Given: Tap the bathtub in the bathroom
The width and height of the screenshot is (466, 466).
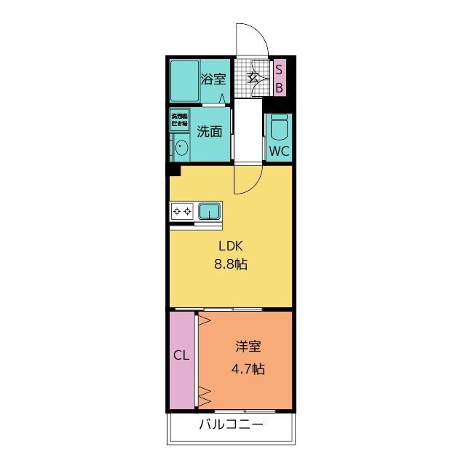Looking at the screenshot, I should coord(185,82).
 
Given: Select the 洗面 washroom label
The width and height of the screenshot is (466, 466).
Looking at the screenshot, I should coord(210,132).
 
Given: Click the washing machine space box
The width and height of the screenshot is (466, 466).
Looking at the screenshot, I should coord(180,119).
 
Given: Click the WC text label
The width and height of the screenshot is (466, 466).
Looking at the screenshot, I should coord(280,151).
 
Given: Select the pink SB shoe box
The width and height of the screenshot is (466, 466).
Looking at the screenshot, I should coord(280,78).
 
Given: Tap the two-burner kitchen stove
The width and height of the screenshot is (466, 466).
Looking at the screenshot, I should coord(183,212).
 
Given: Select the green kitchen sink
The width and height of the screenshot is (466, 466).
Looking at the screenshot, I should coord(210,212).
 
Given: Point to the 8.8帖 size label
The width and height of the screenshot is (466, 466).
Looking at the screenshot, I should coord(231,265).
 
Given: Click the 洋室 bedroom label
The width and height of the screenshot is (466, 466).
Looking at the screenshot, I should coord(248,348).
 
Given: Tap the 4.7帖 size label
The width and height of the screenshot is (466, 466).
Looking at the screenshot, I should coord(248,368).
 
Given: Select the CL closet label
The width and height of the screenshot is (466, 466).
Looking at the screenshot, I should coord(181,357).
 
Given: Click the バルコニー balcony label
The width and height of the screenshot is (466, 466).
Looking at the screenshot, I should coord(231,425).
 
